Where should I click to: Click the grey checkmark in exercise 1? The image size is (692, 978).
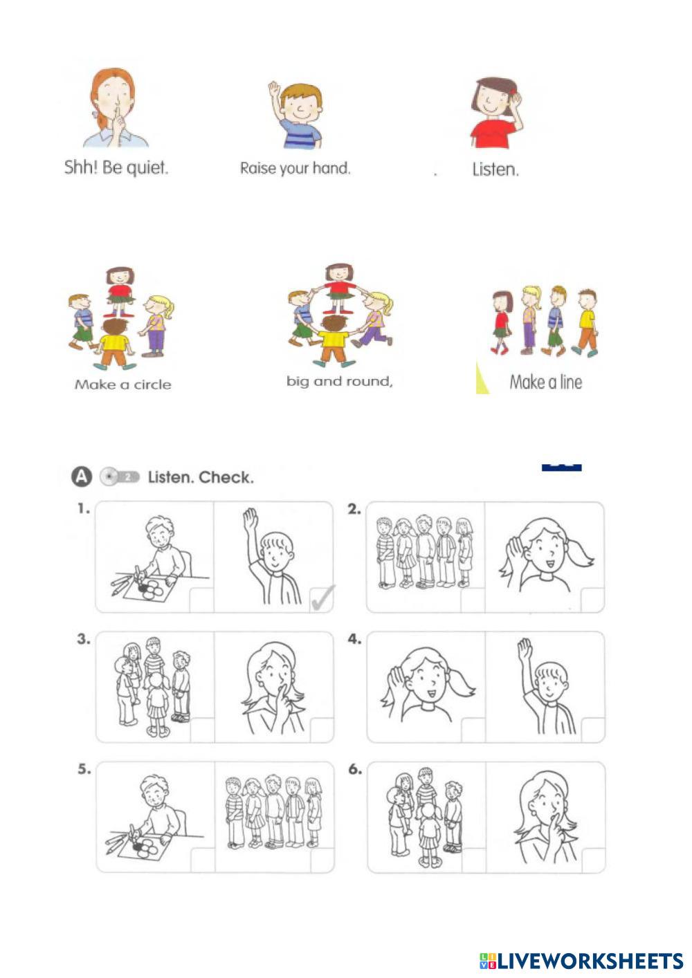point(323,597)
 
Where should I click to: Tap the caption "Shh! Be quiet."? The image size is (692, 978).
point(116,167)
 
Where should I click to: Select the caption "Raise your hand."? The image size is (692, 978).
point(295,169)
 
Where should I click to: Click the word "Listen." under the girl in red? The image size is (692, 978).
point(495,169)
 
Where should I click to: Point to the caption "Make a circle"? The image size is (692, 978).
point(122,385)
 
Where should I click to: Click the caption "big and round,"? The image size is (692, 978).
point(340,382)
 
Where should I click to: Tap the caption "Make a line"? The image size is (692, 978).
point(546,382)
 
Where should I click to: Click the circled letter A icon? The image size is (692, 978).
point(82,477)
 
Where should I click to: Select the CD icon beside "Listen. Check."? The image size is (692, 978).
point(119,477)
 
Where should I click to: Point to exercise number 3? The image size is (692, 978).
point(84,640)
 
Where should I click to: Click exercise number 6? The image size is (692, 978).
point(355,770)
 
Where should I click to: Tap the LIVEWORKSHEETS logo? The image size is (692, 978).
point(581,961)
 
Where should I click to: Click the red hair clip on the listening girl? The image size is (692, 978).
point(513,92)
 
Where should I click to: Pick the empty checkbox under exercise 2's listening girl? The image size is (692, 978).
point(592,600)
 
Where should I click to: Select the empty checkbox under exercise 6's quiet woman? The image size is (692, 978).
point(593,860)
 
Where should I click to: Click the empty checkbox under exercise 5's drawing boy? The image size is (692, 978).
point(203,860)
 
